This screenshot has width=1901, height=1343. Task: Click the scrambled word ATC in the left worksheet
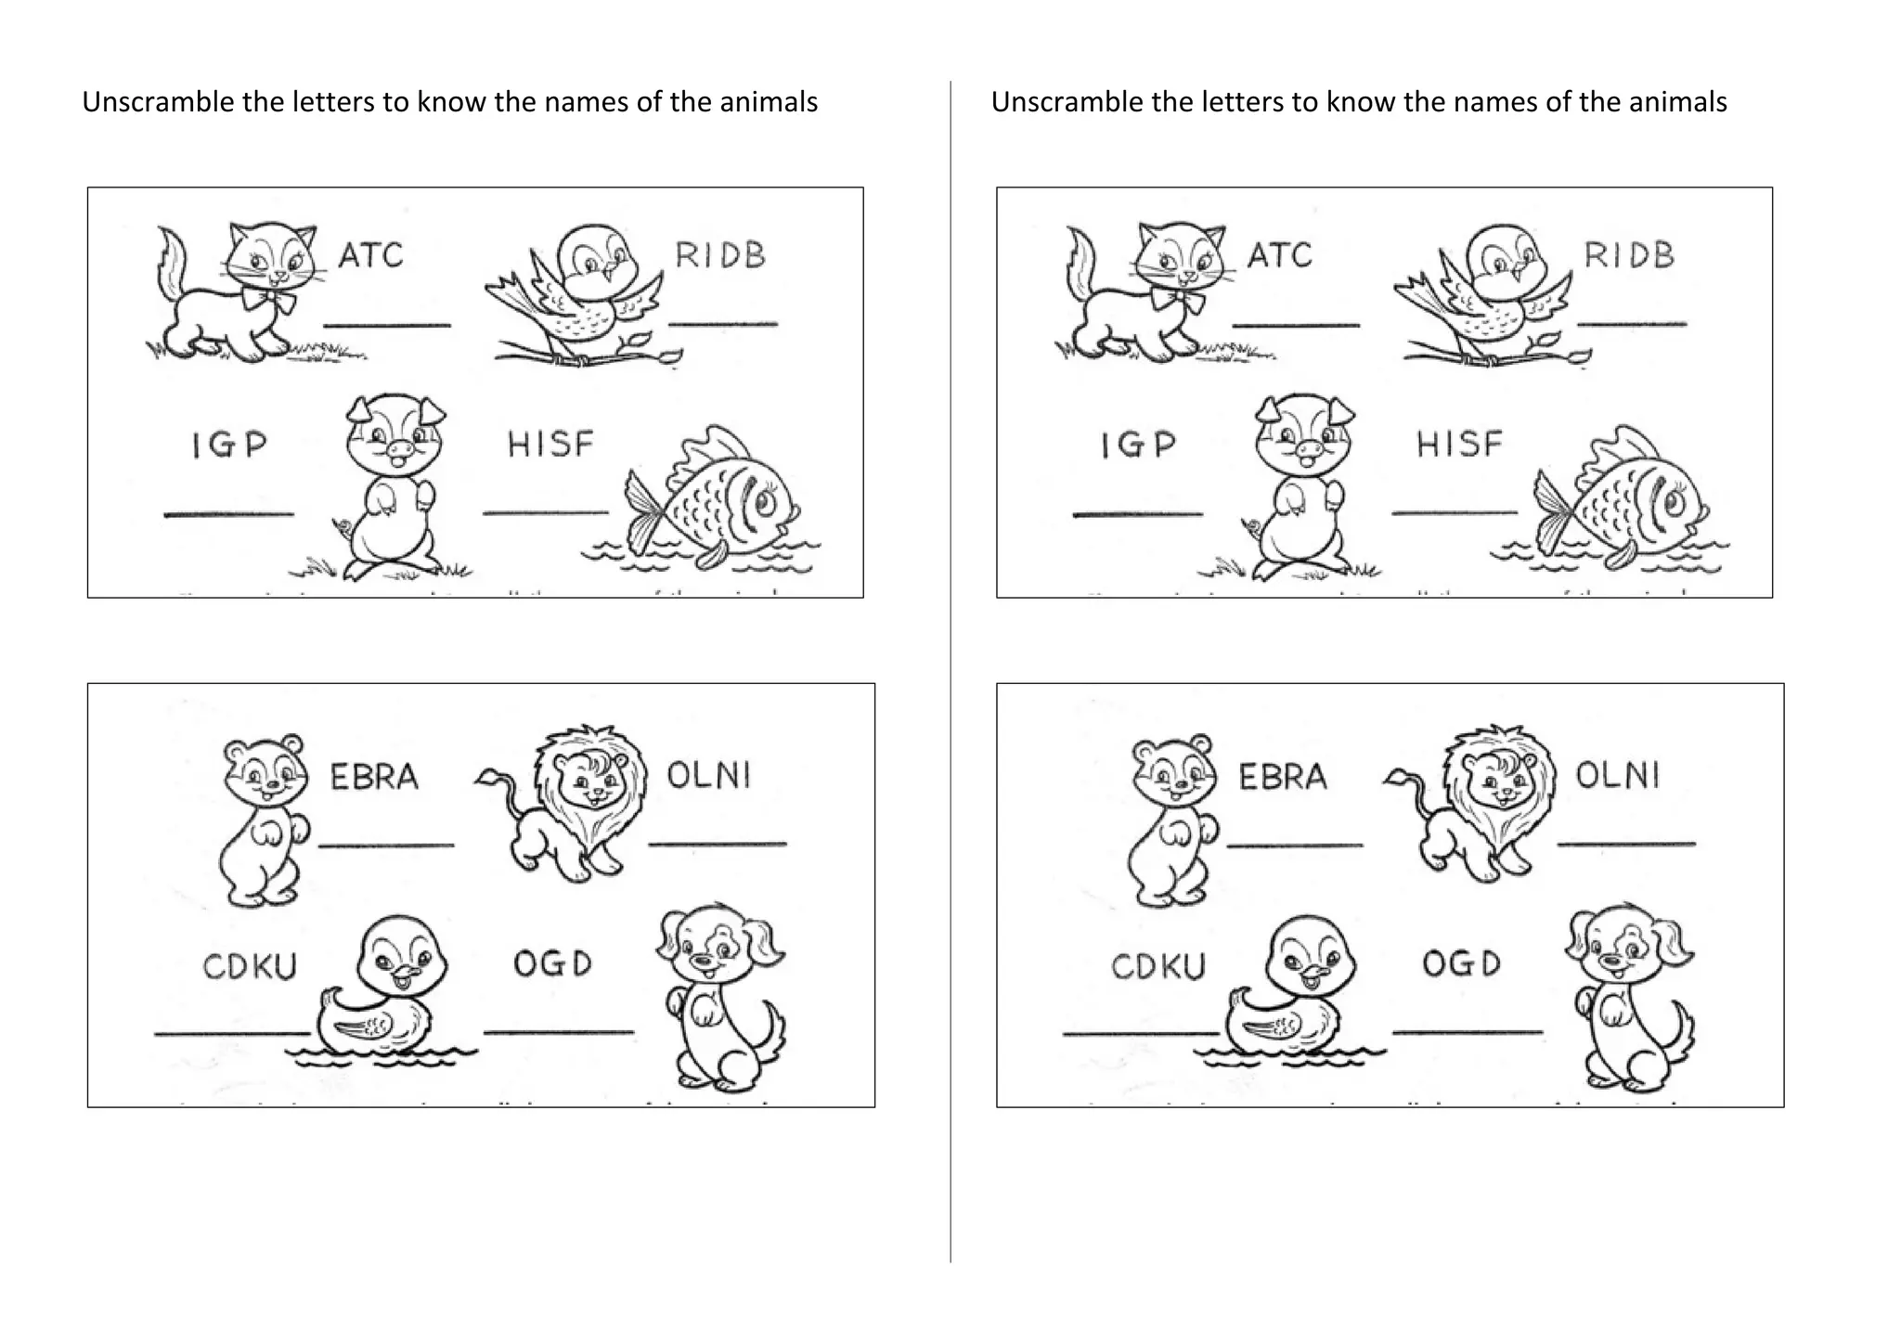point(370,255)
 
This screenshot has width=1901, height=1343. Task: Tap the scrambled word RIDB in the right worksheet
point(1629,255)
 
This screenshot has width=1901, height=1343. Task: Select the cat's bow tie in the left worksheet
point(268,300)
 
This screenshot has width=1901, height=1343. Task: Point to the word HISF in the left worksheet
point(550,444)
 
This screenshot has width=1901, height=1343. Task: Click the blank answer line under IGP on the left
point(228,513)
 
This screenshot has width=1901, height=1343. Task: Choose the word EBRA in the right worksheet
point(1283,777)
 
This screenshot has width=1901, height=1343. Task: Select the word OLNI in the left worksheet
point(708,775)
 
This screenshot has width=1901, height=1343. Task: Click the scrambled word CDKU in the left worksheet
point(250,966)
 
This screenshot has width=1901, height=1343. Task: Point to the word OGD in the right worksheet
point(1461,963)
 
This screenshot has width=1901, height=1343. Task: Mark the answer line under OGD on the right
point(1467,1031)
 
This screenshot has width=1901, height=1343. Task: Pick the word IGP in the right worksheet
point(1138,445)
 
